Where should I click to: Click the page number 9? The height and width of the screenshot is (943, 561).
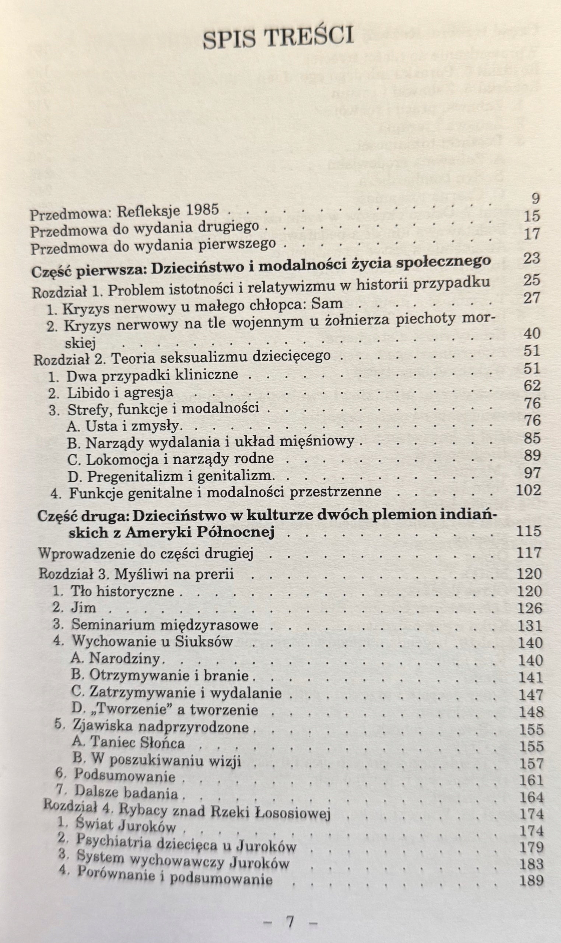[535, 198]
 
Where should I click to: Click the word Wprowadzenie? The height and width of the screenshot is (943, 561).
[87, 553]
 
